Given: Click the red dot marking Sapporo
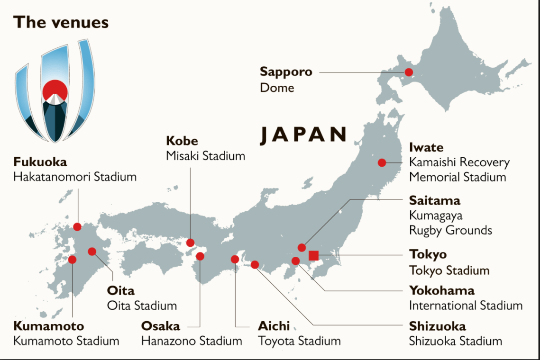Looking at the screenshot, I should pyautogui.click(x=408, y=72).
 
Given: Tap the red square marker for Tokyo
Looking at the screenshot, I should pyautogui.click(x=313, y=256).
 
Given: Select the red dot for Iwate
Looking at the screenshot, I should pyautogui.click(x=382, y=163).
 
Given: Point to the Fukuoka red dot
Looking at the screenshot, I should pyautogui.click(x=77, y=227).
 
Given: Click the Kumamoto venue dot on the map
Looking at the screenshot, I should pyautogui.click(x=73, y=260).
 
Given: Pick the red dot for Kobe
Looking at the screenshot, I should pyautogui.click(x=190, y=243).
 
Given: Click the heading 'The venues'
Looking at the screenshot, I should pyautogui.click(x=61, y=22).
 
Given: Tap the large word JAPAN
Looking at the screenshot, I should pyautogui.click(x=303, y=135).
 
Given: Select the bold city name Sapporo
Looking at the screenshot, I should pyautogui.click(x=286, y=72).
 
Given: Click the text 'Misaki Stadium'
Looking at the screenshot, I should pyautogui.click(x=205, y=156).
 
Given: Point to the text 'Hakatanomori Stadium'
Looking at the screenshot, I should pyautogui.click(x=75, y=177).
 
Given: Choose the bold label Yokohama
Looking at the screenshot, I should pyautogui.click(x=441, y=290).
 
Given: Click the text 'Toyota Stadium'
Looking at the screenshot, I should pyautogui.click(x=299, y=341).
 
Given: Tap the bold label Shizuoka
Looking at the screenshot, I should pyautogui.click(x=437, y=326).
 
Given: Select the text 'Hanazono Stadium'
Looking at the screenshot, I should pyautogui.click(x=192, y=341).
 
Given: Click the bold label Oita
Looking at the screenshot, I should pyautogui.click(x=120, y=291).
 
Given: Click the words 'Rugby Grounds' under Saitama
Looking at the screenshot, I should pyautogui.click(x=450, y=231).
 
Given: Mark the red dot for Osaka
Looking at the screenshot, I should pyautogui.click(x=200, y=256).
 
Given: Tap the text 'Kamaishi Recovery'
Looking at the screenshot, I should pyautogui.click(x=459, y=162).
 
